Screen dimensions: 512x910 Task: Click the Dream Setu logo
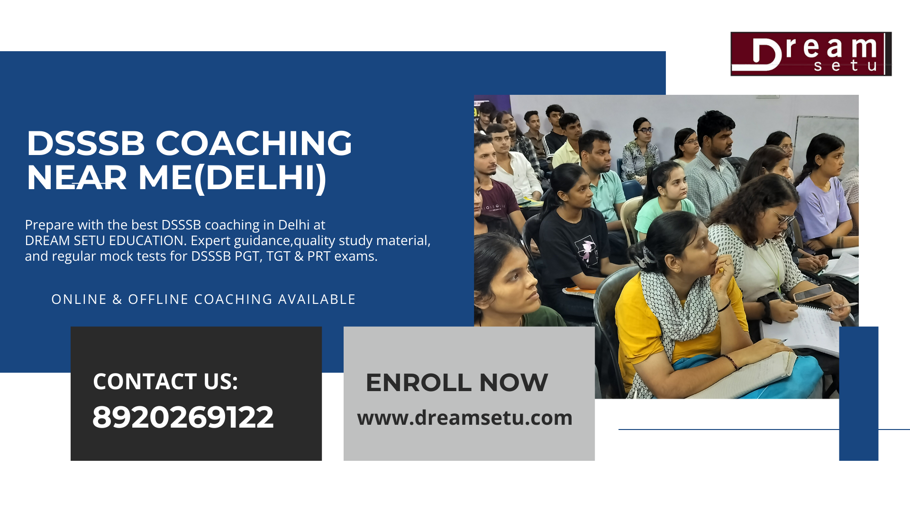coord(810,54)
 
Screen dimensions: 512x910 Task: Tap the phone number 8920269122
coord(183,417)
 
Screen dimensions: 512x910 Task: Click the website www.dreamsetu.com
coord(464,418)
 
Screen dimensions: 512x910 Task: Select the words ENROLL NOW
coord(456,383)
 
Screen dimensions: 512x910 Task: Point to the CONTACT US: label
coord(165,381)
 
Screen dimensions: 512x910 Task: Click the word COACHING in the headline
coord(254,143)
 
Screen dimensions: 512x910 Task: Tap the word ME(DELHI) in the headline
coord(232,178)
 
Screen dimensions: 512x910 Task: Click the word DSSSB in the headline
coord(85,143)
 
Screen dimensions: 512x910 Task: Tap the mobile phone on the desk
coord(813,293)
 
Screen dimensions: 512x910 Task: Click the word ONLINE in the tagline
coord(79,299)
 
